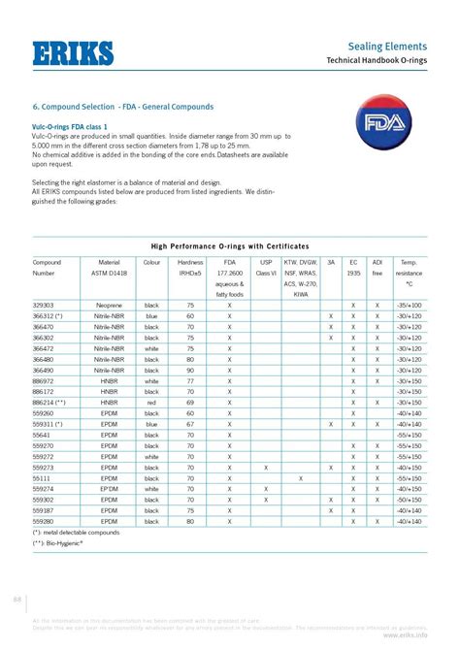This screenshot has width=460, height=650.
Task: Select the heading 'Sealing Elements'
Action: (397, 46)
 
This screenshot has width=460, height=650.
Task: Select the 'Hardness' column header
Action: (190, 263)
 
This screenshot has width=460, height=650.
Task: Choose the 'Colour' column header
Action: (151, 263)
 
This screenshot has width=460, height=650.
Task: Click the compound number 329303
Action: (45, 305)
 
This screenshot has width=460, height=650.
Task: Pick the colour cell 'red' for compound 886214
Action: (151, 402)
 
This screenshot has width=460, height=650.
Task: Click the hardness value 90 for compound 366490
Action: (190, 370)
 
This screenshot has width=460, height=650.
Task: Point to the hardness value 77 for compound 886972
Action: (190, 380)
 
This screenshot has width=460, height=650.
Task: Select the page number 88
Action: (16, 598)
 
